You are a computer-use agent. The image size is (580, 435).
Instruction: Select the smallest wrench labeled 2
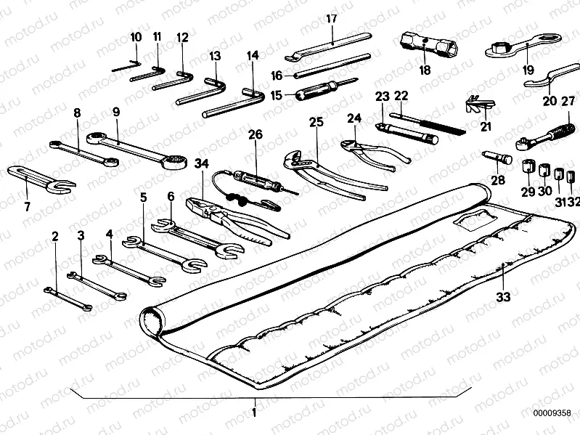(68, 299)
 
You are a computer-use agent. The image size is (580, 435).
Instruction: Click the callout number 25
(316, 122)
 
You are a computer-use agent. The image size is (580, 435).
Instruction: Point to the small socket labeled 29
(528, 166)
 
